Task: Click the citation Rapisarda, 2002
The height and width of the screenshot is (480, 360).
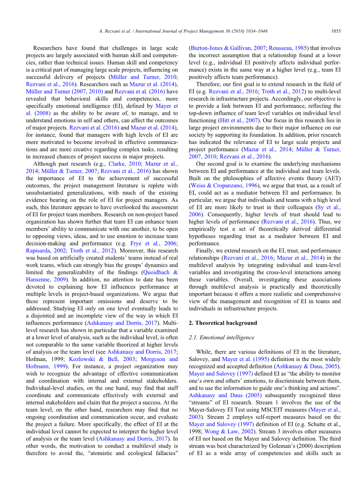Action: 46,251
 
